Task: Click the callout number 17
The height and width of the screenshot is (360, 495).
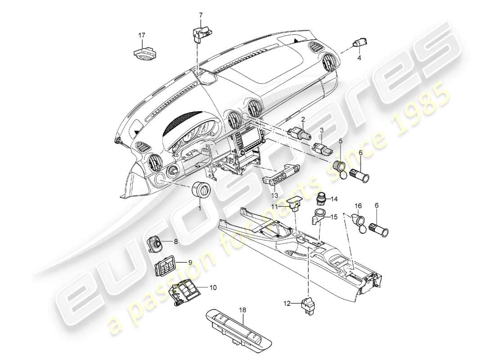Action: pyautogui.click(x=142, y=35)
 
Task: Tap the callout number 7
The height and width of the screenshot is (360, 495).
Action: pyautogui.click(x=201, y=16)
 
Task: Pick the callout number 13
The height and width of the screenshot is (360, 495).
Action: pyautogui.click(x=274, y=196)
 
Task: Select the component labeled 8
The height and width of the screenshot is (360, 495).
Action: pyautogui.click(x=157, y=244)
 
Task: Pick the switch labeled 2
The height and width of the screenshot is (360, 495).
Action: pyautogui.click(x=297, y=132)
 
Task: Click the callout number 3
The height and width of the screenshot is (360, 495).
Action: pyautogui.click(x=322, y=130)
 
